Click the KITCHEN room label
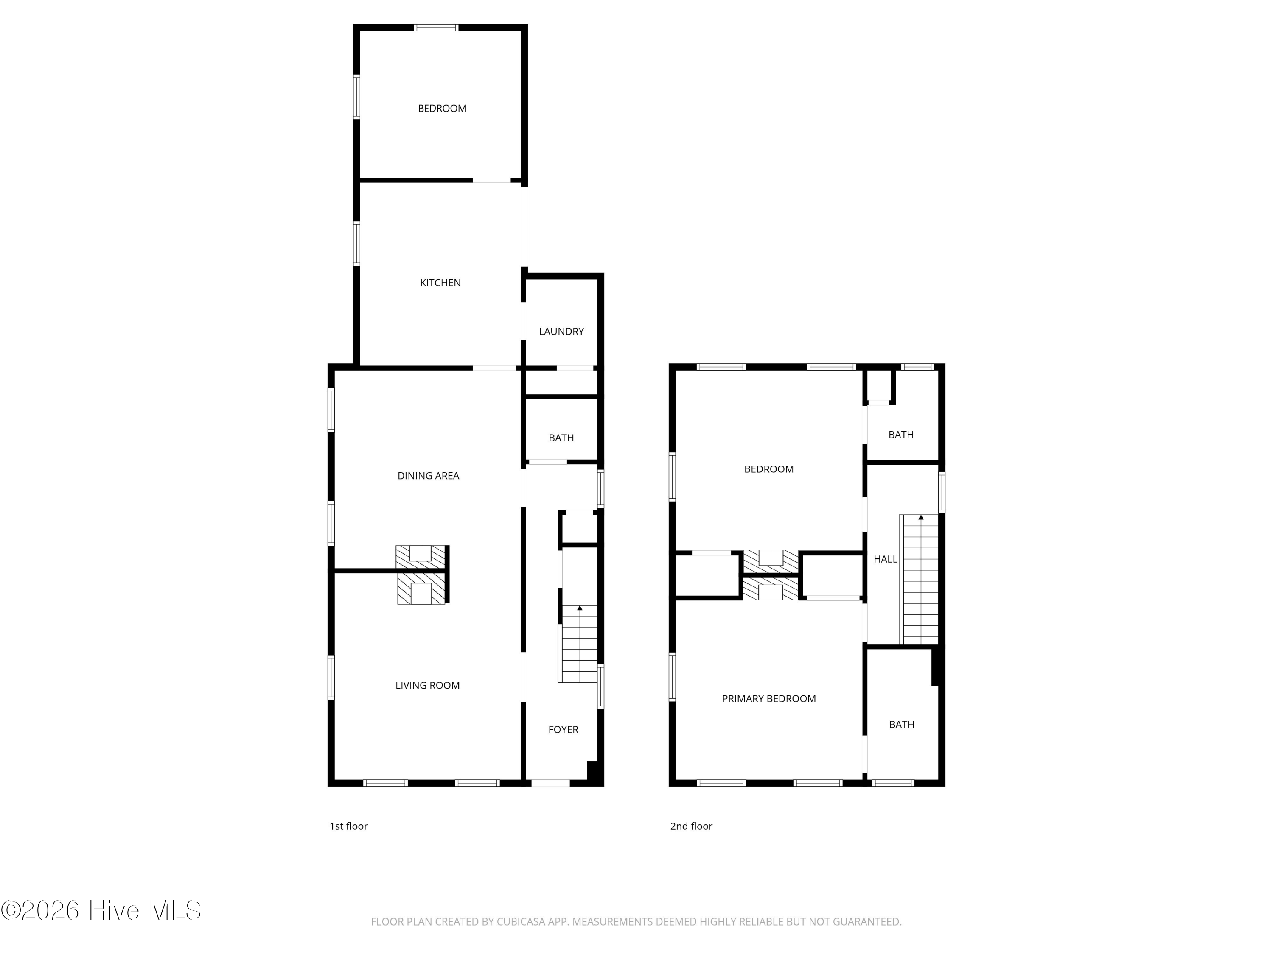click(440, 283)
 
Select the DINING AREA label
click(428, 476)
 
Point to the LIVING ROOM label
click(428, 686)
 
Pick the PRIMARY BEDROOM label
click(769, 699)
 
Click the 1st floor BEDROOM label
click(442, 109)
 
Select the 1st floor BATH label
click(561, 438)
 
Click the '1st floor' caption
click(348, 826)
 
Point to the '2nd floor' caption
click(691, 826)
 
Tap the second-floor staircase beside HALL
click(919, 580)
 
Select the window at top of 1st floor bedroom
click(436, 28)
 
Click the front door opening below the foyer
click(550, 783)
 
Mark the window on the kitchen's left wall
click(357, 244)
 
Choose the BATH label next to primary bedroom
click(902, 725)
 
